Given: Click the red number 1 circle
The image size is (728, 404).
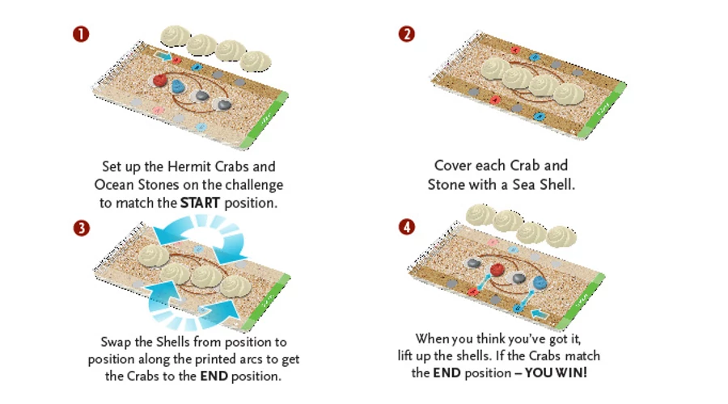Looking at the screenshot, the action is [81, 34].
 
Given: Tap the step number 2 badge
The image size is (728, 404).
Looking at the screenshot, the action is [407, 34].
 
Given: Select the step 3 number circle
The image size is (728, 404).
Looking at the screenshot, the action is [81, 228].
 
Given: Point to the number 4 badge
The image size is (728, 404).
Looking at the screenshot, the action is [407, 227].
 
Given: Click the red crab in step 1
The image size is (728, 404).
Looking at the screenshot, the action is [159, 80].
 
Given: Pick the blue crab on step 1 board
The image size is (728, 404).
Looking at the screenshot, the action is [178, 86].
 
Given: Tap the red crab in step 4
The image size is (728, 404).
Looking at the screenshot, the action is [497, 270].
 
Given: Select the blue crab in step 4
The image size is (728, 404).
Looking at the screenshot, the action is [540, 282].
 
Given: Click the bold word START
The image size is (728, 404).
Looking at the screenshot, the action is [200, 203].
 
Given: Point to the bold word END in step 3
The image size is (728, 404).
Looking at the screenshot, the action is [214, 376].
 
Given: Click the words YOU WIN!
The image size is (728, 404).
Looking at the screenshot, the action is [556, 372].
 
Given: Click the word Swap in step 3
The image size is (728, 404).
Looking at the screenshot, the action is [116, 343].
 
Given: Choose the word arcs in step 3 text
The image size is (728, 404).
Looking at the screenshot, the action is [251, 360].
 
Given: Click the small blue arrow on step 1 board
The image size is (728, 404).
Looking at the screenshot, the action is [163, 56].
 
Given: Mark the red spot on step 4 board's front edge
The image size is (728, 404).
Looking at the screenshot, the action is [472, 292].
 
